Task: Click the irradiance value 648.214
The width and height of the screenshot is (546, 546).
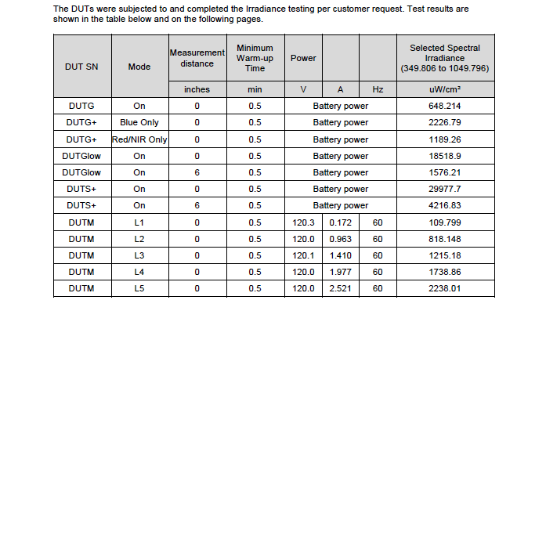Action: coord(445,106)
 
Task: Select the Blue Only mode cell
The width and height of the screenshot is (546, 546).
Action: coord(139,122)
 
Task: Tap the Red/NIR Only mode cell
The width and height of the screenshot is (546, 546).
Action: coord(139,139)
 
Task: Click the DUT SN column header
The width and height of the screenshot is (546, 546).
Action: coord(81,67)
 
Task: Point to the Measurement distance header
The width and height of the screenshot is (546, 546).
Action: coord(197,58)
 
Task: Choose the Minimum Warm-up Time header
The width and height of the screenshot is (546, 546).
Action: coord(255,58)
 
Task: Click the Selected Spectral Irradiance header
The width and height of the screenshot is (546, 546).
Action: coord(445,58)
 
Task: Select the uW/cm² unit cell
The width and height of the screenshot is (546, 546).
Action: coord(445,89)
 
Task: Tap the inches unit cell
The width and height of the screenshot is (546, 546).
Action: coord(197,89)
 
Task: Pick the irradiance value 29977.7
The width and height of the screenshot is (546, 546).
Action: coord(445,189)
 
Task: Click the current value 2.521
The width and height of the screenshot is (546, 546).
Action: coord(340,288)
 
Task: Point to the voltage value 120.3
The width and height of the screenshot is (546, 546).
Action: coord(303,222)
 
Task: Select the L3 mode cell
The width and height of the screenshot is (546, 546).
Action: coord(139,255)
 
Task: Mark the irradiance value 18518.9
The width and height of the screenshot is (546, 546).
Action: coord(445,156)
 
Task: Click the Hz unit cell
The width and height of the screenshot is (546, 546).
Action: coord(378,89)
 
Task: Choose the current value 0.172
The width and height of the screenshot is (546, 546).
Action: coord(340,222)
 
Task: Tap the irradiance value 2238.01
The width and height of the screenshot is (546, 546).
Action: coord(445,288)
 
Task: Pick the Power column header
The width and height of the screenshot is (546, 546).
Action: coord(303,58)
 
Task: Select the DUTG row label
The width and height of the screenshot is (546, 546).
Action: coord(81,106)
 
